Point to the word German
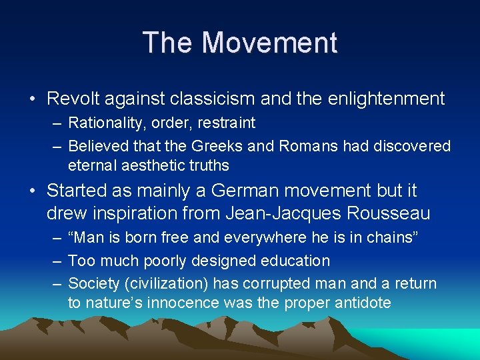tap(245, 191)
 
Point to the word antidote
tap(353, 303)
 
